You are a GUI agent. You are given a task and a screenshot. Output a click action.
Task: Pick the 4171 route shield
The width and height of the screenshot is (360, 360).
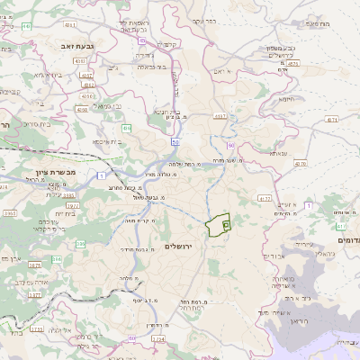click(x=332, y=118)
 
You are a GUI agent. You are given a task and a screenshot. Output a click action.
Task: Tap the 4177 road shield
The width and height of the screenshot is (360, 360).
click(x=264, y=197)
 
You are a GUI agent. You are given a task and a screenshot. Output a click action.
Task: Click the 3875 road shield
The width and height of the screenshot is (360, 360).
click(x=292, y=63)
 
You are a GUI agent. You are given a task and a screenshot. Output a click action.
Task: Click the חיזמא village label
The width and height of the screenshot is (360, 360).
click(x=286, y=99)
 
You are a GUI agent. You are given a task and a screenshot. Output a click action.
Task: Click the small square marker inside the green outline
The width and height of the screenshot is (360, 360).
click(x=226, y=223)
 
